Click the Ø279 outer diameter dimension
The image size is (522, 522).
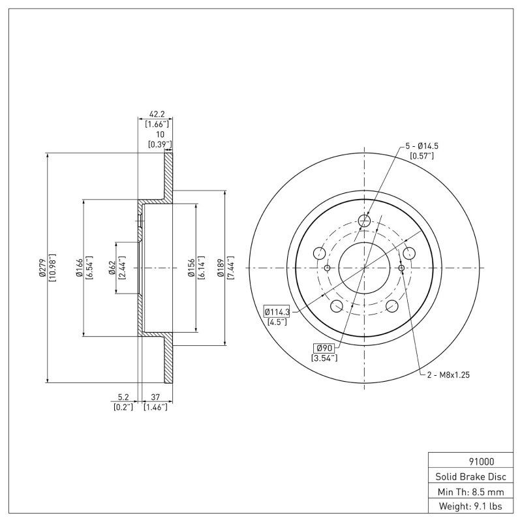tap(42, 268)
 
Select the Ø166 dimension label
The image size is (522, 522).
tap(78, 268)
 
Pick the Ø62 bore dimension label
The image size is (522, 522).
tap(112, 268)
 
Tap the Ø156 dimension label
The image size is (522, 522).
tap(191, 268)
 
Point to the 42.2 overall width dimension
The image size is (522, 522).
tap(155, 112)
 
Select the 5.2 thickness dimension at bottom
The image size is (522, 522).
tap(123, 397)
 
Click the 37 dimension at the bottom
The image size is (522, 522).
tap(155, 397)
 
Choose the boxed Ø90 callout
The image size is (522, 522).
tap(324, 348)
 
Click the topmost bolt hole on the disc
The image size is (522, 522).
tap(364, 221)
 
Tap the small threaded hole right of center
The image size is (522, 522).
tap(401, 268)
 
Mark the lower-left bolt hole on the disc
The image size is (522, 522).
tap(337, 307)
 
